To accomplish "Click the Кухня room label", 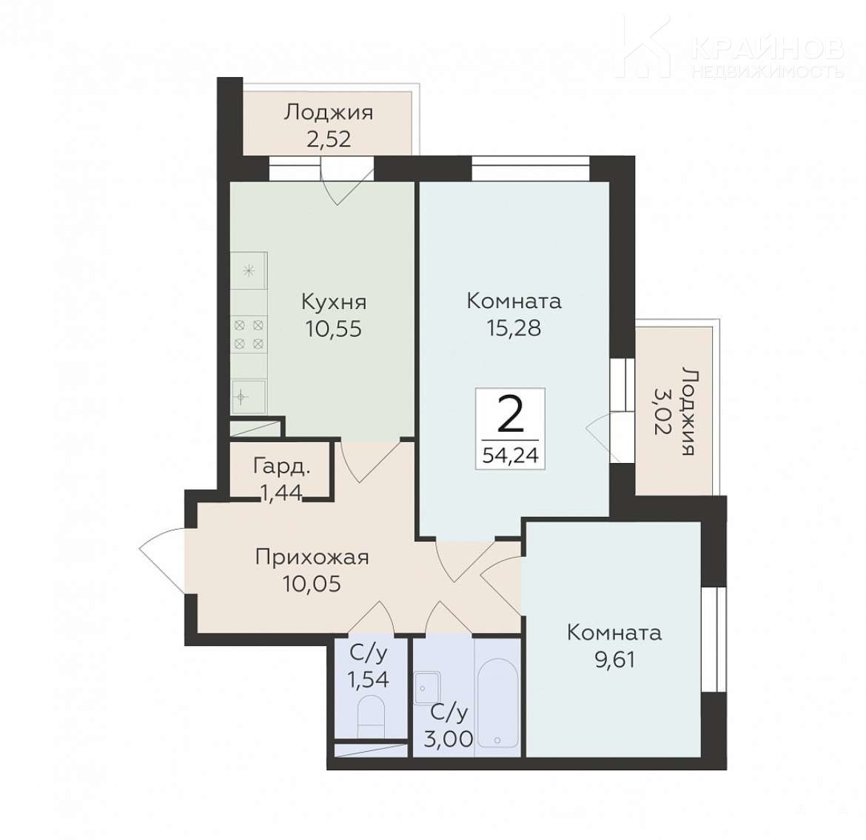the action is click(x=334, y=302).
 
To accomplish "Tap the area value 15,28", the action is click(x=514, y=328).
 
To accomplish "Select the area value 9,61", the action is click(x=614, y=659).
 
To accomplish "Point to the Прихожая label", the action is click(x=312, y=557).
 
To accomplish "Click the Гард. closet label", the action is click(x=282, y=467).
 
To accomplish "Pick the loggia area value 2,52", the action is click(x=329, y=139).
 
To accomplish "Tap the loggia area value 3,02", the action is click(x=663, y=410).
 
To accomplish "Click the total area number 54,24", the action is click(x=510, y=456).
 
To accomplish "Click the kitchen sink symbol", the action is click(x=249, y=397).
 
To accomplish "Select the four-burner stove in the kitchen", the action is click(x=249, y=334).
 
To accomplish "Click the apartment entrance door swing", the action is click(x=162, y=560).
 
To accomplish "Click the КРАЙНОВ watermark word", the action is click(x=767, y=47).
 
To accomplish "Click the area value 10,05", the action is click(x=312, y=584).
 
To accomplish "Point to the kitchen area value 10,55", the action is click(x=334, y=329).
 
